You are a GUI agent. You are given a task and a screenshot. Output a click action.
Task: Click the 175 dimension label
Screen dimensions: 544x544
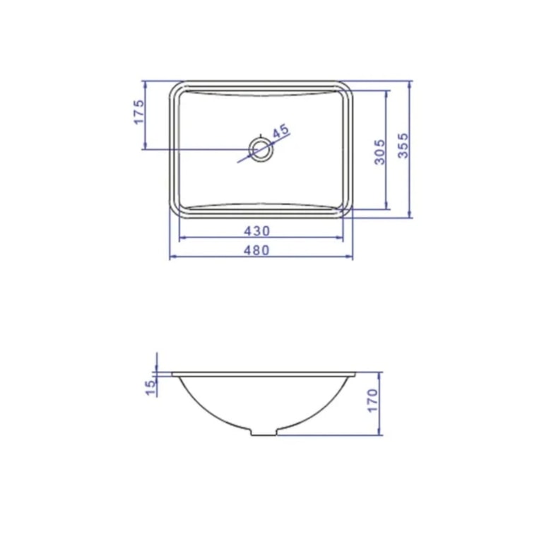(x=138, y=112)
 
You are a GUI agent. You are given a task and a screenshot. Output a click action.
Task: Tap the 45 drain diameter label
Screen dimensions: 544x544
(x=280, y=131)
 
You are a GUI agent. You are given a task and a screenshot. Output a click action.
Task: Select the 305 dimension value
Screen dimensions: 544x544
(x=380, y=152)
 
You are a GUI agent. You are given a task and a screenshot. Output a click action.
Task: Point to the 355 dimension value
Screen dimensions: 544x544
(x=403, y=146)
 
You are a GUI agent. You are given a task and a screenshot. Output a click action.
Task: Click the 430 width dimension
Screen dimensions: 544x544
(x=256, y=231)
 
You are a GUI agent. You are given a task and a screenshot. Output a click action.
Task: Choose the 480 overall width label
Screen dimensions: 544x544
(x=256, y=250)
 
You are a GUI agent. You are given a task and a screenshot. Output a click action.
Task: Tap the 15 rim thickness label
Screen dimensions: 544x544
(x=151, y=388)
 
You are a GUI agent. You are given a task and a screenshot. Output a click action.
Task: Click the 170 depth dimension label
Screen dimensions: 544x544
(x=373, y=401)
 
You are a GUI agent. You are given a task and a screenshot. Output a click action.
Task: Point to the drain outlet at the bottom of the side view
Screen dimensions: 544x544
(x=264, y=432)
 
